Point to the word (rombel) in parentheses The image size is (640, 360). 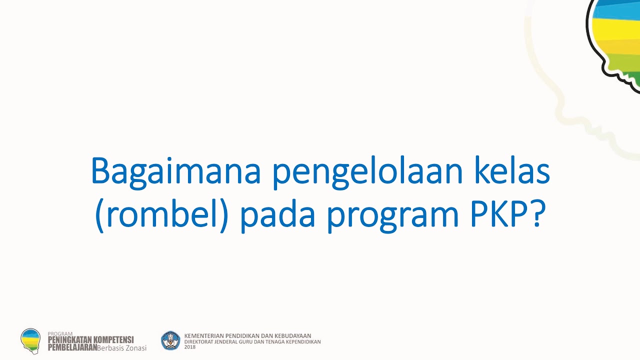point(161,215)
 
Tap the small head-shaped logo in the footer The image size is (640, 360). point(30,340)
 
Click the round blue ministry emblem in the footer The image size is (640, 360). point(170,340)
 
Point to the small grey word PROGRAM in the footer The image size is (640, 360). point(60,333)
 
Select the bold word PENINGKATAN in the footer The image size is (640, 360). point(70,340)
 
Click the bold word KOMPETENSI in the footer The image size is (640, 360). point(114,340)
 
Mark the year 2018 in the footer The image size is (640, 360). point(190,347)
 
